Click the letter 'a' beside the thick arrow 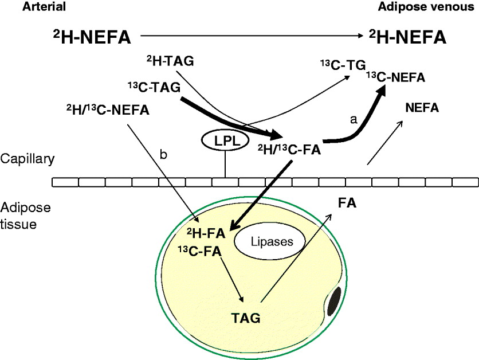click(354, 119)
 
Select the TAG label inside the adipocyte click(246, 317)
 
